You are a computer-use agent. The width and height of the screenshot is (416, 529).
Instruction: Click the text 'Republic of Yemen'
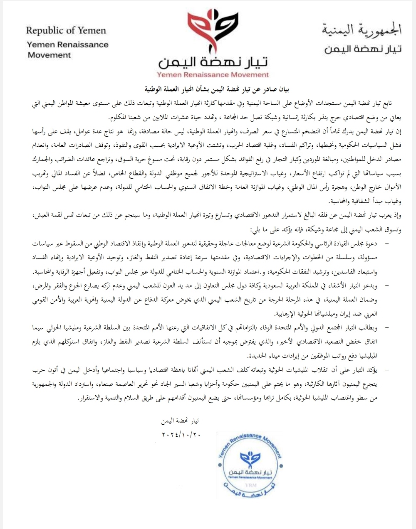[66, 30]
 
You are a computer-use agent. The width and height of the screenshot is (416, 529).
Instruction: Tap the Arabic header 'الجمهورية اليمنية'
[362, 30]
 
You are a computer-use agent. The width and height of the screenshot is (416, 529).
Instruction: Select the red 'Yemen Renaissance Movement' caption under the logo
[213, 75]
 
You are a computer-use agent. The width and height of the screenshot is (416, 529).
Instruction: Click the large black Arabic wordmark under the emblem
[213, 62]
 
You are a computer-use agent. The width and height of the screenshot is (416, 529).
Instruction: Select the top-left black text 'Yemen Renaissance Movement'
[67, 49]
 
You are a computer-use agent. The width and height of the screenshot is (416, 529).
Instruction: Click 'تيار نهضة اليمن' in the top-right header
[363, 49]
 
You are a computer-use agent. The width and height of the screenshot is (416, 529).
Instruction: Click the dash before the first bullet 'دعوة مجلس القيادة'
[387, 244]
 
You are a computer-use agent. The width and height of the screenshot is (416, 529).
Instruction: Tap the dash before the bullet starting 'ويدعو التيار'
[387, 286]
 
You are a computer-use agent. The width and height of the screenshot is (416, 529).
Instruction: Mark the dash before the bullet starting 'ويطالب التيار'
[387, 328]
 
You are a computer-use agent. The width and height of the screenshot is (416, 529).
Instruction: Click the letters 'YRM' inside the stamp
[250, 485]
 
